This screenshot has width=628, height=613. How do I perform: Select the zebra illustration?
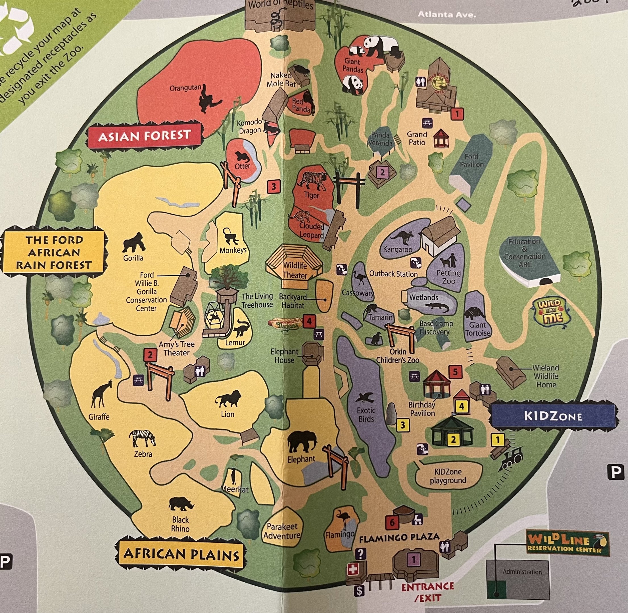[142, 438]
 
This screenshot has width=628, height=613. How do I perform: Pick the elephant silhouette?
[302, 443]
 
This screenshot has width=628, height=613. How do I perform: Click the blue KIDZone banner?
[553, 416]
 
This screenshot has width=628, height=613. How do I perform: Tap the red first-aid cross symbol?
[352, 570]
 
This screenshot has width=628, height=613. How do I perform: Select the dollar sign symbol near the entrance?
[359, 591]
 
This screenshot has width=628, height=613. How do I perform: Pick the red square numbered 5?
[455, 372]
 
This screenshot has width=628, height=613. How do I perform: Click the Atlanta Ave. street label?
[447, 14]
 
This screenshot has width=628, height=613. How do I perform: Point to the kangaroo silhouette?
[401, 238]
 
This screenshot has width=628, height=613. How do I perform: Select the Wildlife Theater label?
[295, 270]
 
